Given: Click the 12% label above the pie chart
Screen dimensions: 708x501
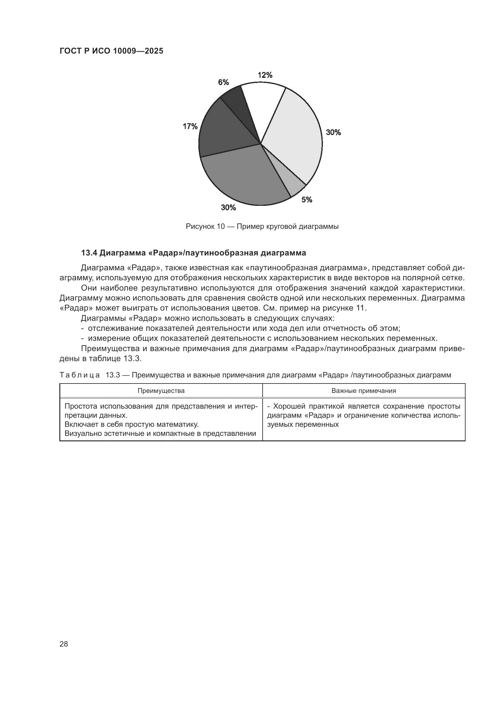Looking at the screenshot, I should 265,75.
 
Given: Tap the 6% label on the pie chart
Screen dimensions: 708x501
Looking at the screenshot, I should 223,82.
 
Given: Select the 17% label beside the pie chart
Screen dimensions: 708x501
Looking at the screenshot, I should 190,126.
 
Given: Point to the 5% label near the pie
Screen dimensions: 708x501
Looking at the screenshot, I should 307,200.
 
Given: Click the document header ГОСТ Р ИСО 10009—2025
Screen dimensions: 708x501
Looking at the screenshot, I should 111,51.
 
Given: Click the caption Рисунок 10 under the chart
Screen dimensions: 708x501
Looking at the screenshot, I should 205,227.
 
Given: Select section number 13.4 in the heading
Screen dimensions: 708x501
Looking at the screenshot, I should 89,253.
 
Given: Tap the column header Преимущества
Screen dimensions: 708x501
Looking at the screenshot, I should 161,391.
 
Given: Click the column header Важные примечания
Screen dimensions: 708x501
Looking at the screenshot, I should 364,391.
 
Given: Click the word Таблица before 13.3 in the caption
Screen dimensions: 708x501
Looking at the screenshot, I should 80,375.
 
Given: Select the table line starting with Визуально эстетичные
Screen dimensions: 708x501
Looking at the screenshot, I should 160,433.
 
